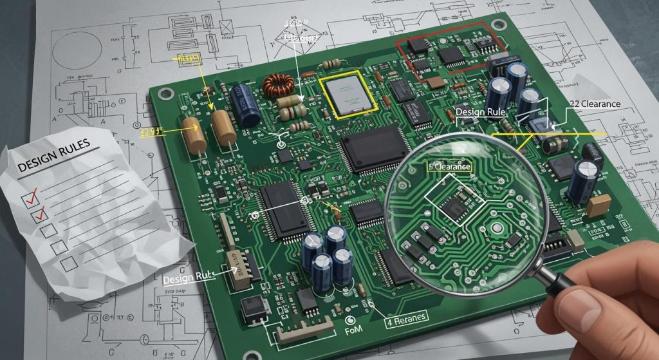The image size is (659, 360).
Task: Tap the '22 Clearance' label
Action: point(594,104)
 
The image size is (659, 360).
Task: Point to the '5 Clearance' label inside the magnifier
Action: point(450,167)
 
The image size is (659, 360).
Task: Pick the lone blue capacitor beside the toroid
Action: point(246,103)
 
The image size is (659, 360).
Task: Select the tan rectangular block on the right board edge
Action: point(598,205)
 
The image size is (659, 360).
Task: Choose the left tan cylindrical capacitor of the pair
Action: point(194,135)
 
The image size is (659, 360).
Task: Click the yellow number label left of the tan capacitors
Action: point(153,133)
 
